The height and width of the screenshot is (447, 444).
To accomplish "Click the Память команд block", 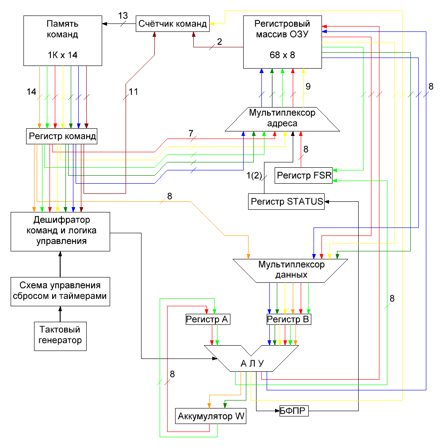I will pyautogui.click(x=62, y=40).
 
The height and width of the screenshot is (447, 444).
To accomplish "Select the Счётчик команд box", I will pyautogui.click(x=172, y=24).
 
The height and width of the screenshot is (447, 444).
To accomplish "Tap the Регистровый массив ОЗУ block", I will pyautogui.click(x=283, y=42).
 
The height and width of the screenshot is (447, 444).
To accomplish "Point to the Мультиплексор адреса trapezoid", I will pyautogui.click(x=282, y=119).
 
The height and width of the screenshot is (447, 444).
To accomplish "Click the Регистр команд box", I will pyautogui.click(x=61, y=136).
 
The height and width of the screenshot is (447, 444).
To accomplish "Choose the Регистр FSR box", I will pyautogui.click(x=303, y=175).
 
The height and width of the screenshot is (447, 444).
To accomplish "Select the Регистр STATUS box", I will pyautogui.click(x=287, y=201).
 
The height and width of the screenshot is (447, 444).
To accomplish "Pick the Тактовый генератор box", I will pyautogui.click(x=61, y=335).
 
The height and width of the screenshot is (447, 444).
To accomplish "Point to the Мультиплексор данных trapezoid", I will pyautogui.click(x=291, y=270).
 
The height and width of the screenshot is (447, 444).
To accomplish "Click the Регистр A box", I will pyautogui.click(x=208, y=320).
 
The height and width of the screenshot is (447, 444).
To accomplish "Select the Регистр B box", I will pyautogui.click(x=289, y=320).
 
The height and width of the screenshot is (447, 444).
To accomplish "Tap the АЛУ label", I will pyautogui.click(x=252, y=364).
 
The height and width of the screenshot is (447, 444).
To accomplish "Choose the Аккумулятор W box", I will pyautogui.click(x=211, y=416).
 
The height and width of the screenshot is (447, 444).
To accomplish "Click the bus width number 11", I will pyautogui.click(x=134, y=92).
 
